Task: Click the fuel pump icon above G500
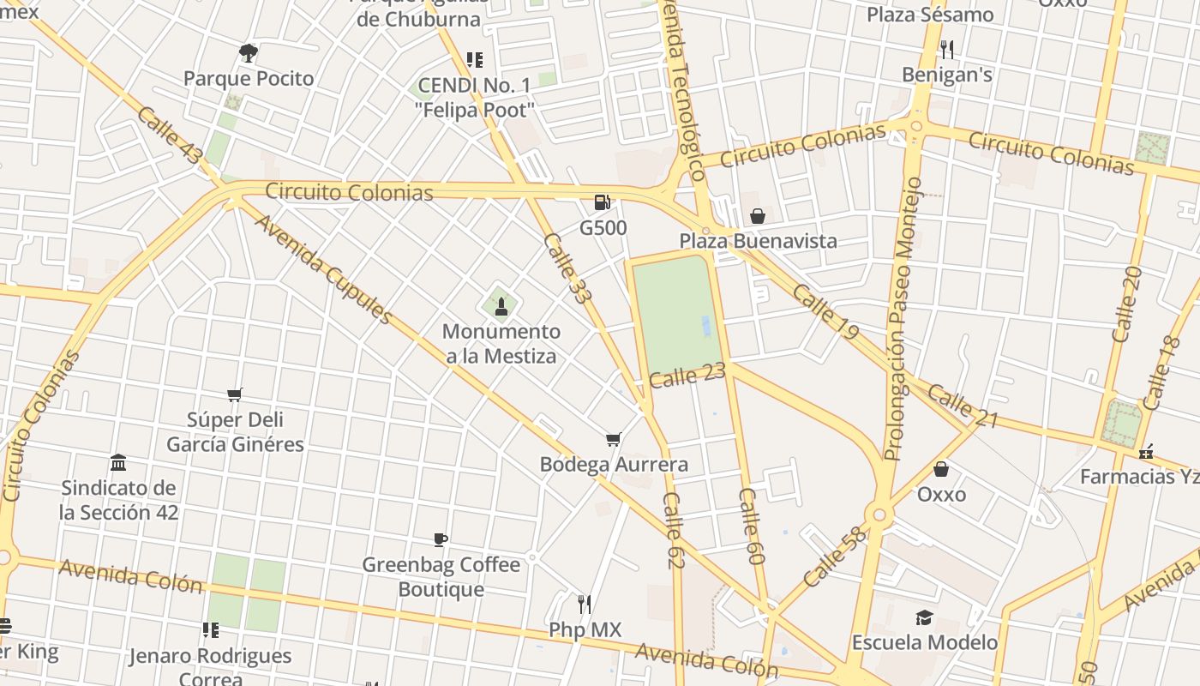tap(602, 202)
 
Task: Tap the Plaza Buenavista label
tap(758, 241)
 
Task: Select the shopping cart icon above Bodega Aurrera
tap(613, 440)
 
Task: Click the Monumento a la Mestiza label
tap(501, 344)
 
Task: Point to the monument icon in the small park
tap(501, 307)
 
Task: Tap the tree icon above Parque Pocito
tap(249, 53)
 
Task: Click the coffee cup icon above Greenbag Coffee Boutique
tap(441, 539)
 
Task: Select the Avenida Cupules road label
tap(324, 269)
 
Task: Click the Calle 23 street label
tap(687, 376)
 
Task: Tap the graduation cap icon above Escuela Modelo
tap(924, 617)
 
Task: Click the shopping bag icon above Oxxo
tap(941, 469)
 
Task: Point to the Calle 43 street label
tap(170, 136)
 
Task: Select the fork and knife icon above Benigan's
tap(947, 49)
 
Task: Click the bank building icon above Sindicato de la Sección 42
tap(119, 463)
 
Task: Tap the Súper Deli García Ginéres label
tap(235, 432)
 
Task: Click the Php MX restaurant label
tap(585, 630)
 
